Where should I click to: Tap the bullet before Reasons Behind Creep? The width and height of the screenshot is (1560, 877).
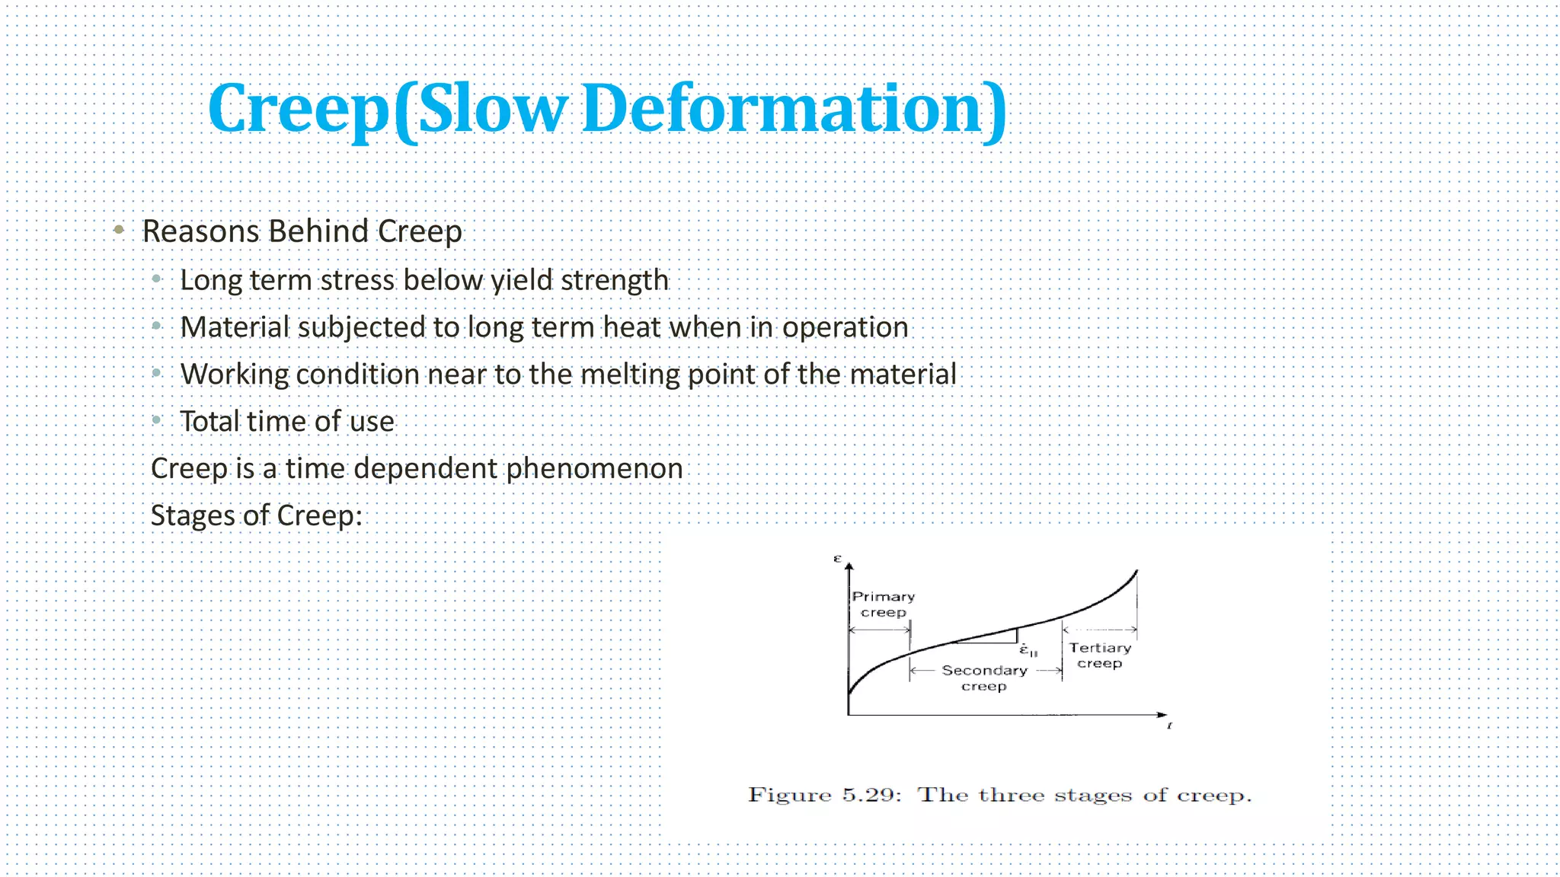pos(119,229)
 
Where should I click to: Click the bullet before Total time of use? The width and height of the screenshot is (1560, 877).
pos(157,419)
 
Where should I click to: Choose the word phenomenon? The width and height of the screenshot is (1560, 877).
pos(594,468)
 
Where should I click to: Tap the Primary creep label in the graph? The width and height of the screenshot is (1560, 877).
pos(883,604)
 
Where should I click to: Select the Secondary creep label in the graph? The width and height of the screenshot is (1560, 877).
pos(984,678)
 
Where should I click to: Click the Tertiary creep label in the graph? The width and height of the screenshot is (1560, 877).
pos(1099,655)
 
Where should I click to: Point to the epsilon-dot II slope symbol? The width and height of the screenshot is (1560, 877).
pos(1028,651)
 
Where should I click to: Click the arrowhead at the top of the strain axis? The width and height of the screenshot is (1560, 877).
pos(849,566)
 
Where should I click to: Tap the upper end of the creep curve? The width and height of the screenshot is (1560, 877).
pos(1136,571)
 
